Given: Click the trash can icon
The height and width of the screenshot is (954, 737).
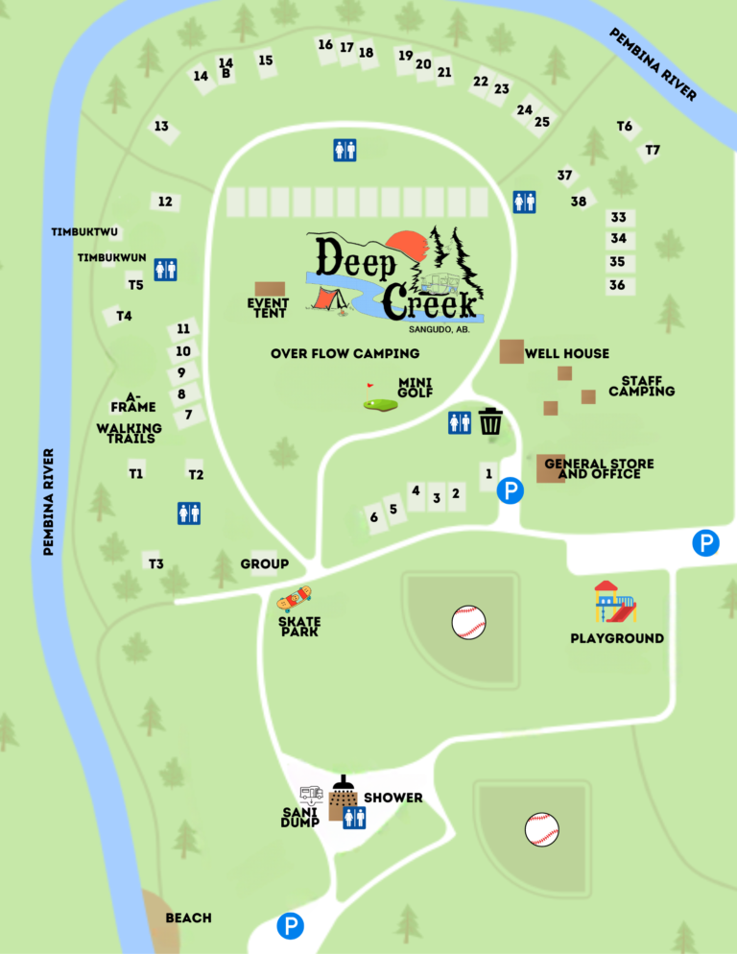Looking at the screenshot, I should tap(490, 421).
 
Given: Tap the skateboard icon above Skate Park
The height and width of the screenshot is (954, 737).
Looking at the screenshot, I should tap(295, 599).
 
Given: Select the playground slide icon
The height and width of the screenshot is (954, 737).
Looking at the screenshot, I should tap(615, 602).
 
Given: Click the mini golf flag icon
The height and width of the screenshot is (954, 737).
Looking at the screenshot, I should tap(378, 398).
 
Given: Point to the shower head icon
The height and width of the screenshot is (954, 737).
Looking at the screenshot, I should tap(344, 786).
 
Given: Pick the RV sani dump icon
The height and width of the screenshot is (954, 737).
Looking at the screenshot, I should tap(311, 794).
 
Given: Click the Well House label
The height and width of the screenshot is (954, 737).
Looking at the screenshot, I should tap(566, 353).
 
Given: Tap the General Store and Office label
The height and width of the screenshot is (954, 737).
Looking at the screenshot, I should tap(599, 468).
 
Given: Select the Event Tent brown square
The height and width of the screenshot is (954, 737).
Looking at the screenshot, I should tap(270, 289).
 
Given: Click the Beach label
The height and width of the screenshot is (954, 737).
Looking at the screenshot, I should tap(188, 918).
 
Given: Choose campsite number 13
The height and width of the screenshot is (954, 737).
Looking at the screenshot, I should tap(161, 127).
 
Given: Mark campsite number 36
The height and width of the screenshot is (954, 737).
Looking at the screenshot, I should tap(617, 285).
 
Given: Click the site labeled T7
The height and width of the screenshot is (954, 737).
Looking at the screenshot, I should tap(653, 150).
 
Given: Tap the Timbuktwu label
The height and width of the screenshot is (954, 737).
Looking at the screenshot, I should tap(84, 232).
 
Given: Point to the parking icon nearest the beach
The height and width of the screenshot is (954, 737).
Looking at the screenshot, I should tap(290, 926).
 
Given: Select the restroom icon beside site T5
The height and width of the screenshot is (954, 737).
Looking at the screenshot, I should tap(165, 270).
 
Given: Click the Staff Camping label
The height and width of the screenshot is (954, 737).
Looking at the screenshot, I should tap(641, 386).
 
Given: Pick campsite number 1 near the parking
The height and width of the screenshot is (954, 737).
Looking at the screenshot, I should tap(488, 473).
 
